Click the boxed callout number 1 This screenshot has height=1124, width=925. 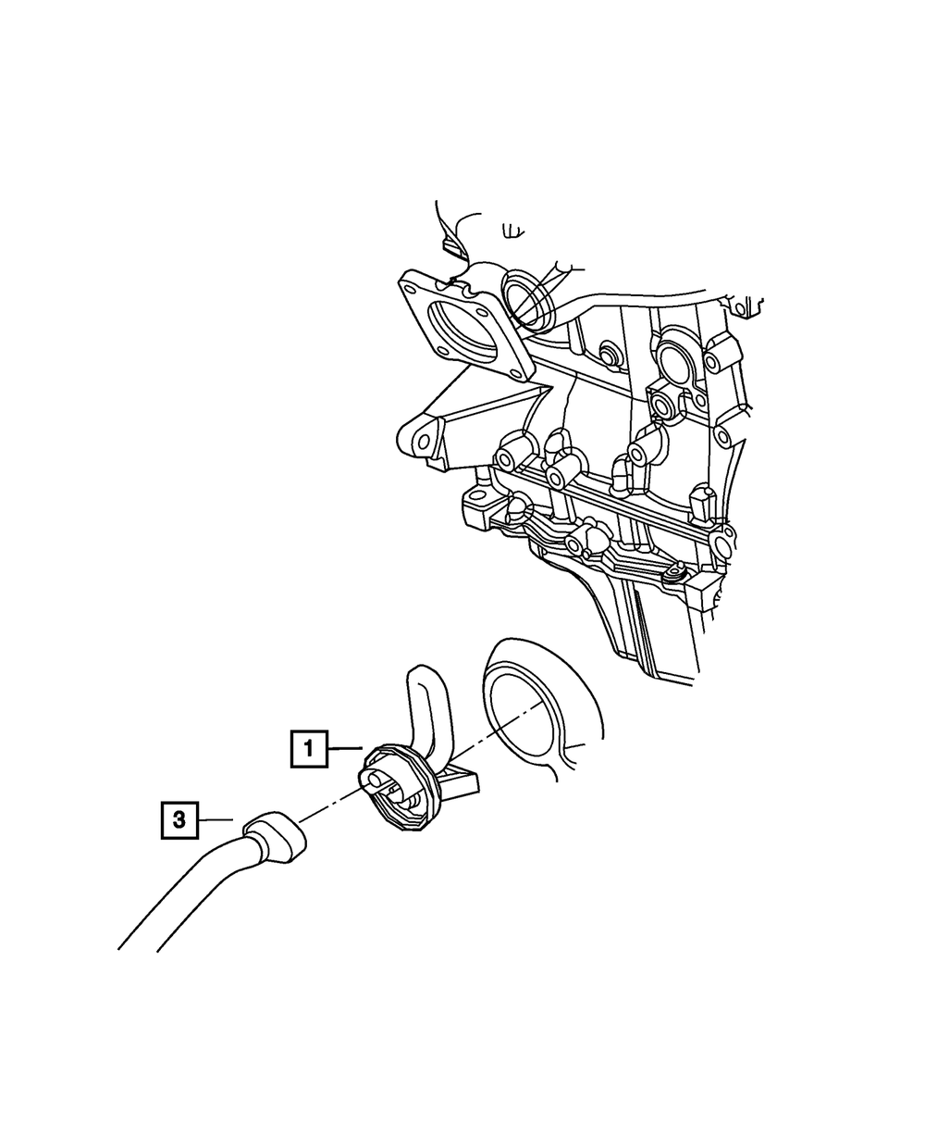point(309,749)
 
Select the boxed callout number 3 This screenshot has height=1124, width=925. point(179,835)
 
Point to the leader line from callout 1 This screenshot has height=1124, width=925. point(345,748)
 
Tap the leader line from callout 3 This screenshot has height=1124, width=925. point(216,835)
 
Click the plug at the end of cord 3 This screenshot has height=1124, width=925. point(275,844)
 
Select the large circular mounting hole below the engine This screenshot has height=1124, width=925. point(529,722)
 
